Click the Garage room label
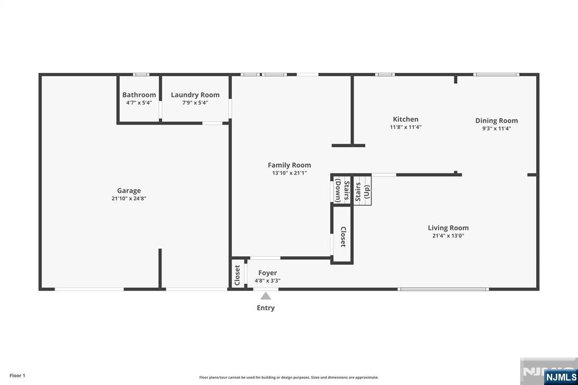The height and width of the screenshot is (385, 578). click(x=129, y=191)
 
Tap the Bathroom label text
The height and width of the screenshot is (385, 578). click(x=139, y=95)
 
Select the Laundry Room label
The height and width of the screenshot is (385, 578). click(x=195, y=95)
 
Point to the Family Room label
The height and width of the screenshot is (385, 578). click(x=290, y=165)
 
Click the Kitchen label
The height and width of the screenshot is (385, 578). click(x=405, y=119)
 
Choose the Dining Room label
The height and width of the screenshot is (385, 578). click(x=497, y=121)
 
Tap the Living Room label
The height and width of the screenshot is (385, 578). click(x=448, y=228)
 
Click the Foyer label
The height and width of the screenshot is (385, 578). click(x=268, y=273)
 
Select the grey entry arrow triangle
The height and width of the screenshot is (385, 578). click(x=266, y=296)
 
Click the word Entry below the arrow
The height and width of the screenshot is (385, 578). click(x=266, y=308)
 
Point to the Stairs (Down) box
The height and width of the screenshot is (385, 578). click(x=341, y=190)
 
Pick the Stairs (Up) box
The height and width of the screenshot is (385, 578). click(x=362, y=191)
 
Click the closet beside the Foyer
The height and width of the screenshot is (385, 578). click(x=238, y=274)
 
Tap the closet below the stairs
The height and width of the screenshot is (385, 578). click(x=343, y=235)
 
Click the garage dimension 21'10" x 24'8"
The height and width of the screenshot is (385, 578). click(x=129, y=198)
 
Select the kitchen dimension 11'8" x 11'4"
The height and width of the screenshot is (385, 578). click(x=405, y=127)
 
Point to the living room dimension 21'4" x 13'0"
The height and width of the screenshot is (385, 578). click(x=448, y=236)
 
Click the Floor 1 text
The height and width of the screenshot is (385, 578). click(x=17, y=375)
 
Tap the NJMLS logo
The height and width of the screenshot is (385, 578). click(x=561, y=377)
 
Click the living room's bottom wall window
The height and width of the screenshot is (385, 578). click(x=444, y=289)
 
